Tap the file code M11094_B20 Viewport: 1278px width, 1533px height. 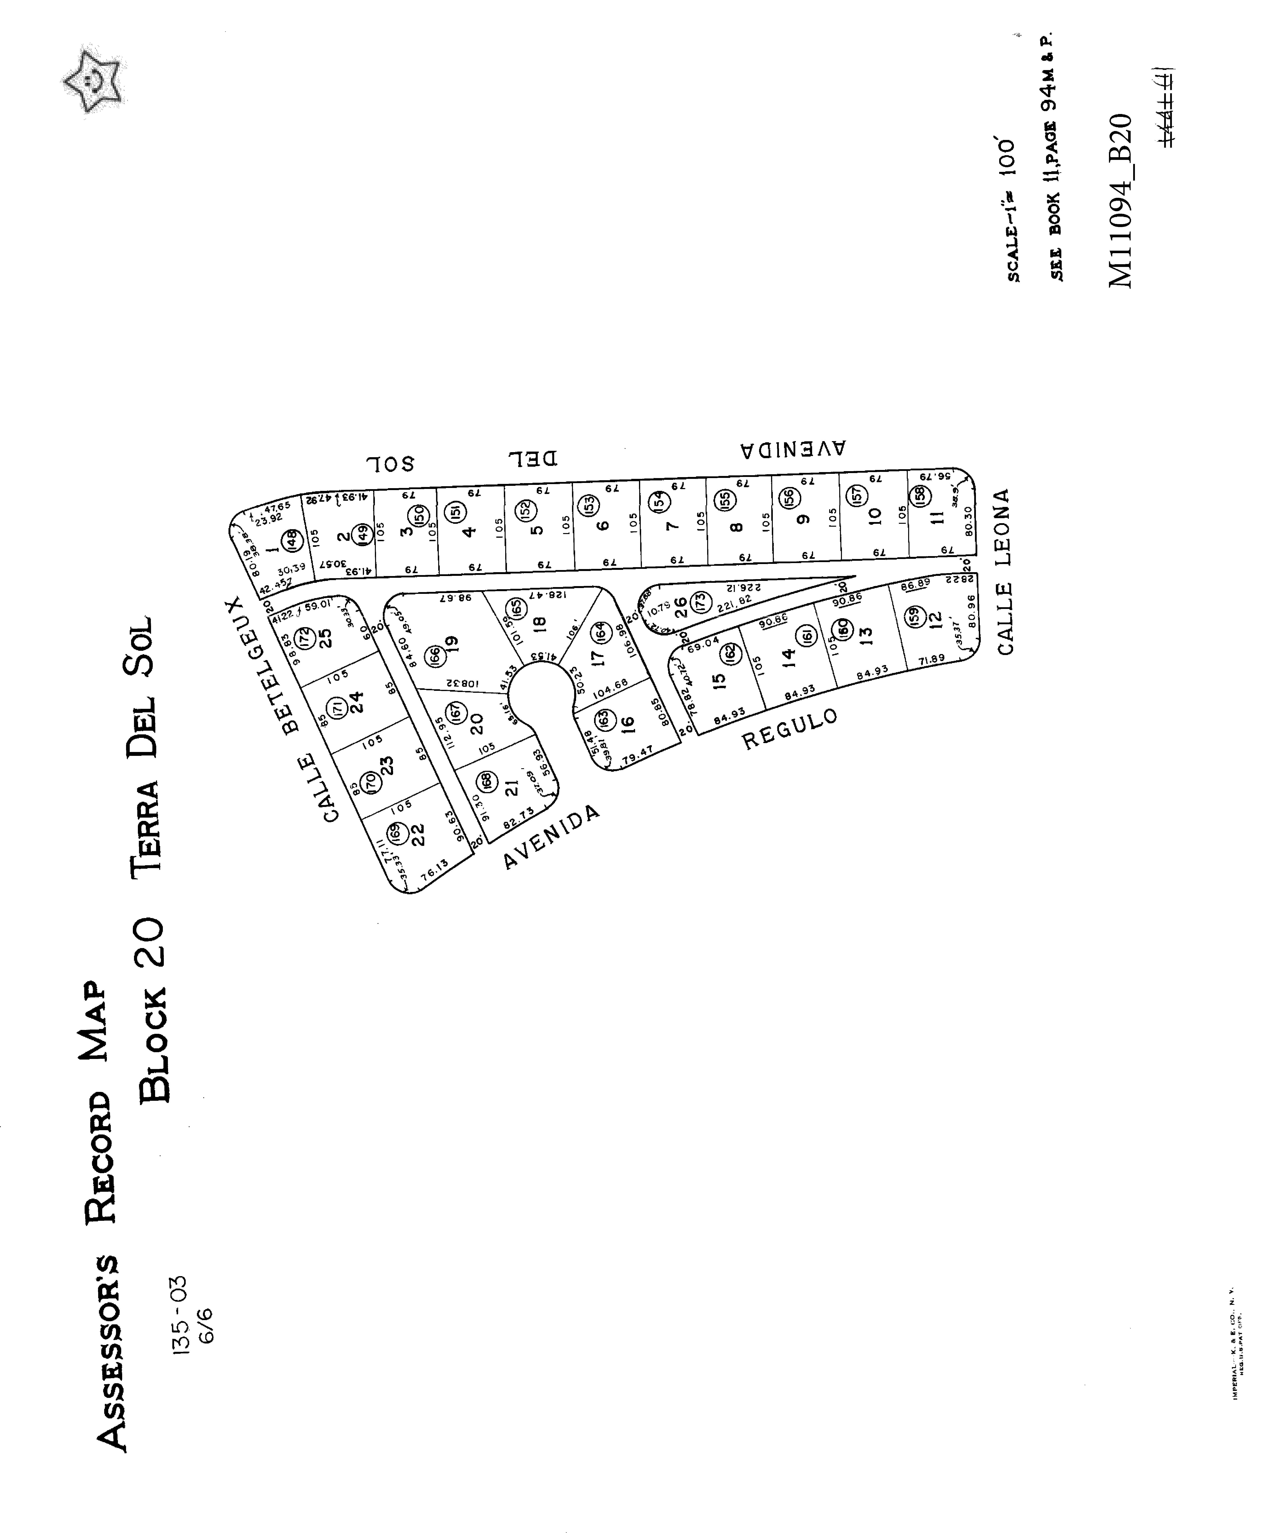(1120, 201)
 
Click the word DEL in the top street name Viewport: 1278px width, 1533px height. (533, 458)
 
